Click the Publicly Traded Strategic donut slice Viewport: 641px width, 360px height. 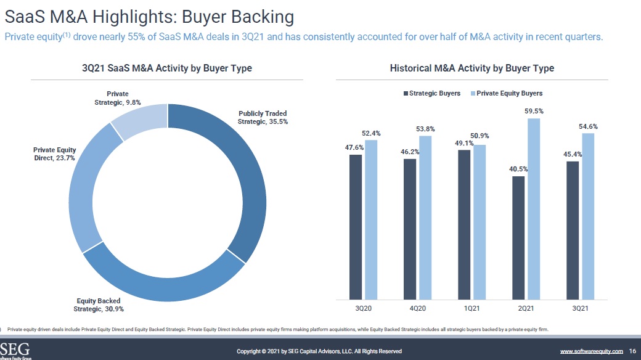250,179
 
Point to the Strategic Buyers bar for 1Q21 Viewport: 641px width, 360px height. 464,224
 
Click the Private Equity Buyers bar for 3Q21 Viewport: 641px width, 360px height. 588,216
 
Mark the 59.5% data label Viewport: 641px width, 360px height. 534,111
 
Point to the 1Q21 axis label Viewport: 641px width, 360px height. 472,308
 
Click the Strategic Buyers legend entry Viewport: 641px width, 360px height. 431,93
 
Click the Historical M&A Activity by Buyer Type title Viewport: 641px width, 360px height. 472,68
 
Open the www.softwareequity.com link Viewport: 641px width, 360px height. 591,351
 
